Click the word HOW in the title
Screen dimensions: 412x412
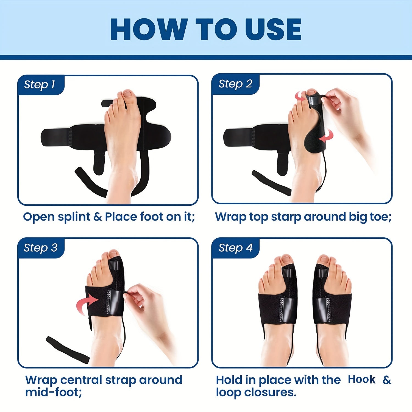point(148,29)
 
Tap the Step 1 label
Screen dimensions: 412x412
point(40,85)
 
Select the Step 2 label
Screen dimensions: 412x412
point(235,84)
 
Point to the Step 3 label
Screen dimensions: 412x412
point(41,248)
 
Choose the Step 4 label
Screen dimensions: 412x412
point(236,248)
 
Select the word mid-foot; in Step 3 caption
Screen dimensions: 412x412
point(54,392)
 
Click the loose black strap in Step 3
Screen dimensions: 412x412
point(68,350)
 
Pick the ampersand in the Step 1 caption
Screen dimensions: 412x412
point(98,217)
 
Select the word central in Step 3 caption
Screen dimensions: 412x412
point(81,380)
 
